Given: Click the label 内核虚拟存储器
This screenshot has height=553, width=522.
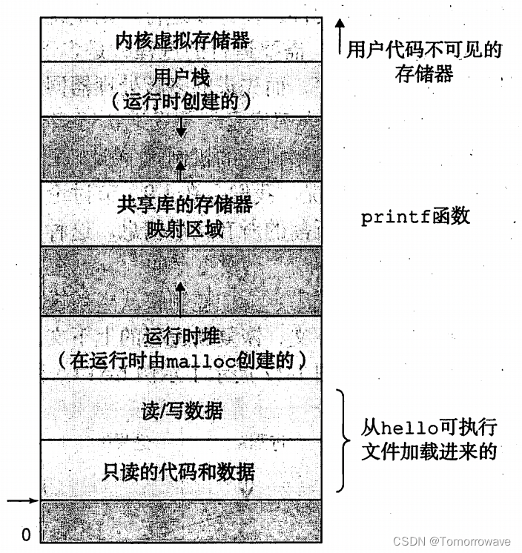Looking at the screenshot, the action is click(x=182, y=41).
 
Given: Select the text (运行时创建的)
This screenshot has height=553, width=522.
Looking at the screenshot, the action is click(x=182, y=100).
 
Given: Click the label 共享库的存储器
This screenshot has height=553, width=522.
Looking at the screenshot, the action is click(x=182, y=204).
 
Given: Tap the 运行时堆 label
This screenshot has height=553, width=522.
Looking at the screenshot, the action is click(x=182, y=336).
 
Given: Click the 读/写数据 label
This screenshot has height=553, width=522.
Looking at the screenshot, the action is click(x=182, y=409).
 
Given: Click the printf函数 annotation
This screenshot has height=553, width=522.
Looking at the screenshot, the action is click(x=415, y=217).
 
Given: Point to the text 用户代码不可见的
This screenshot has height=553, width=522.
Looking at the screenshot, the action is click(x=424, y=50).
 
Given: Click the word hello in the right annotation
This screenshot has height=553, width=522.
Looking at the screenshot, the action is click(x=404, y=428).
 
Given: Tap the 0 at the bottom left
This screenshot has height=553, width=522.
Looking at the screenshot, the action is click(x=25, y=533).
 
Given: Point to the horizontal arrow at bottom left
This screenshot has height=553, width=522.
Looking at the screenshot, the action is click(x=22, y=501).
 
